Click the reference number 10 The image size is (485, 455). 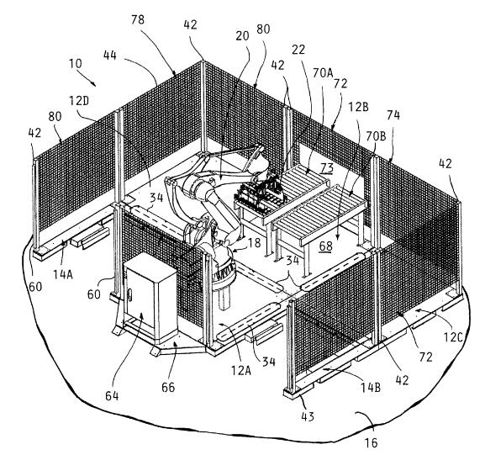(x=75, y=64)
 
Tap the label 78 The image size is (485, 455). (x=138, y=19)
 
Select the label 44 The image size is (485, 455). (x=110, y=56)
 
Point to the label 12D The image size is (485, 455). (x=79, y=101)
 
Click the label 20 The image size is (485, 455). (x=242, y=36)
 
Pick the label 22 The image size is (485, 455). (x=298, y=50)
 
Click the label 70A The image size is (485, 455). (x=323, y=73)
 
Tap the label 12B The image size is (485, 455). (x=358, y=107)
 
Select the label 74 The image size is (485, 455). (x=393, y=115)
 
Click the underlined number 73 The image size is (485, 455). (x=327, y=168)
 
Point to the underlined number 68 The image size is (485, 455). (x=326, y=246)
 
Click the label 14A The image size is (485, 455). (x=63, y=274)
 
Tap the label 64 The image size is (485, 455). (x=112, y=396)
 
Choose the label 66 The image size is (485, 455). (x=168, y=387)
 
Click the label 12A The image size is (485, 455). (x=241, y=370)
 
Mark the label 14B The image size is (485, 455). (x=371, y=387)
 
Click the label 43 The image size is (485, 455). (x=308, y=416)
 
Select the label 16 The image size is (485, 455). (x=372, y=443)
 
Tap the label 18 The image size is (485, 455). (x=254, y=243)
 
